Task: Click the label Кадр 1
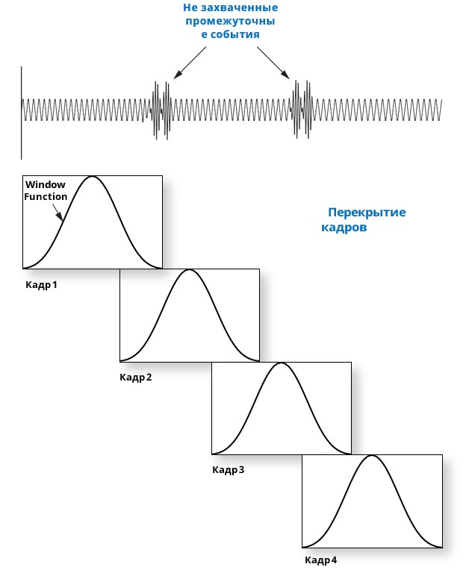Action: click(41, 285)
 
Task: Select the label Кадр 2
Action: click(135, 377)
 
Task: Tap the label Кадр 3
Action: click(228, 470)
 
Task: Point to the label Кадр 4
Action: click(320, 560)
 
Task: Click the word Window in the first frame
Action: click(46, 184)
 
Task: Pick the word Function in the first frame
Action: click(46, 196)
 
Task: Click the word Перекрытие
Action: click(367, 213)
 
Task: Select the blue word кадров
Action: click(344, 228)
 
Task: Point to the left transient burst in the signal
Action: click(161, 109)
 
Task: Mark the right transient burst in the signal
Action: click(300, 109)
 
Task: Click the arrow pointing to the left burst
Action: click(190, 63)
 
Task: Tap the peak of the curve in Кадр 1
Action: click(92, 177)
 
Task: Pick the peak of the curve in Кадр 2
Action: click(190, 269)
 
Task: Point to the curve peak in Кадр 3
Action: click(281, 363)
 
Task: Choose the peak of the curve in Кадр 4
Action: click(372, 455)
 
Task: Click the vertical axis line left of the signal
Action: click(22, 112)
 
